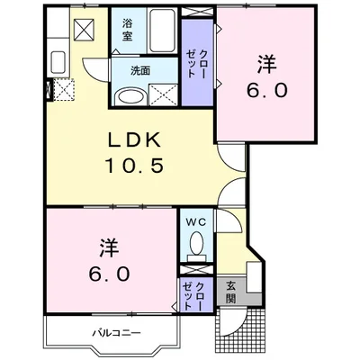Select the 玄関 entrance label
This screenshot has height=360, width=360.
point(230,293)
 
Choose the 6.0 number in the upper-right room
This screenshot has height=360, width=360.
point(267,91)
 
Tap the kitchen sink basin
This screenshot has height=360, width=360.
point(58,64)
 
